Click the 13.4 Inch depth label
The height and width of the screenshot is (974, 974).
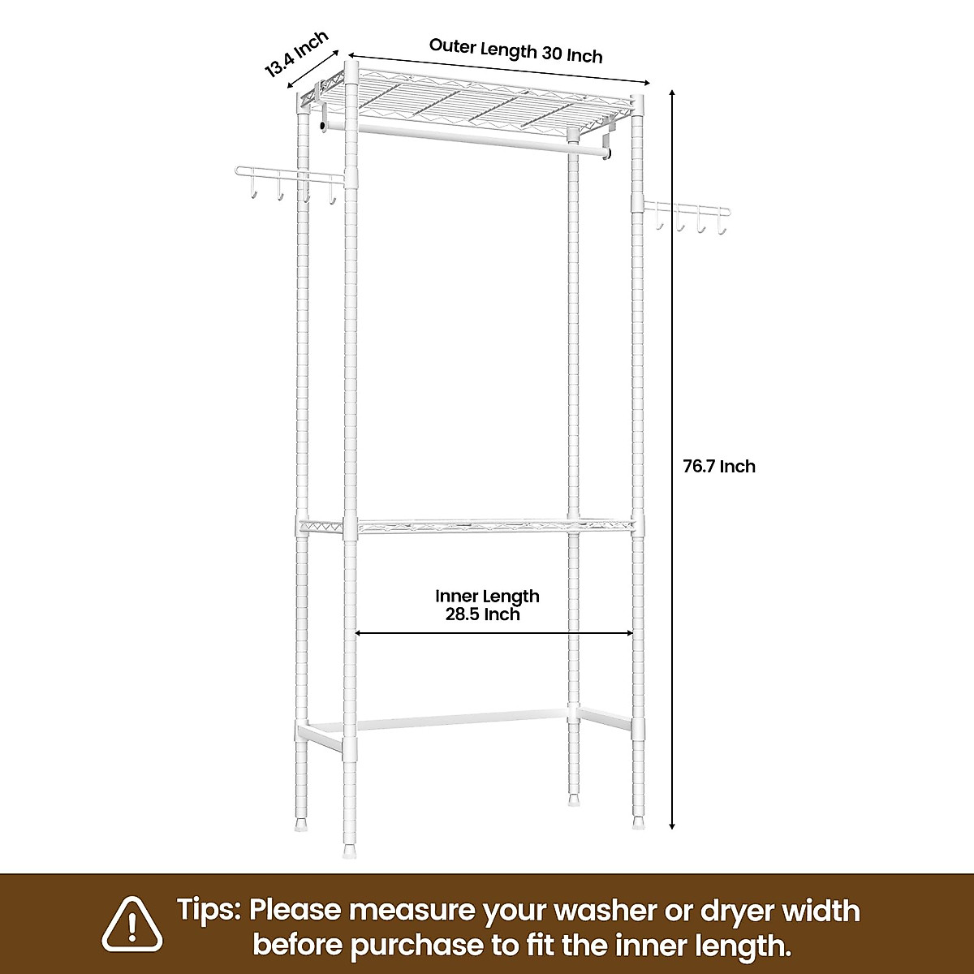coord(297,54)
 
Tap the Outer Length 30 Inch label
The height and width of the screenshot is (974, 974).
coord(515,50)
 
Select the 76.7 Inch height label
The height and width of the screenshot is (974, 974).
coord(718,466)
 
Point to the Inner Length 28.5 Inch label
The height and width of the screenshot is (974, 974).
coord(486,605)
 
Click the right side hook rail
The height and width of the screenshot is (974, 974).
coord(689,210)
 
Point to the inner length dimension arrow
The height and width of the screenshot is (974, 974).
coord(494,633)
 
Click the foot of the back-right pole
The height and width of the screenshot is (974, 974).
coord(575,798)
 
